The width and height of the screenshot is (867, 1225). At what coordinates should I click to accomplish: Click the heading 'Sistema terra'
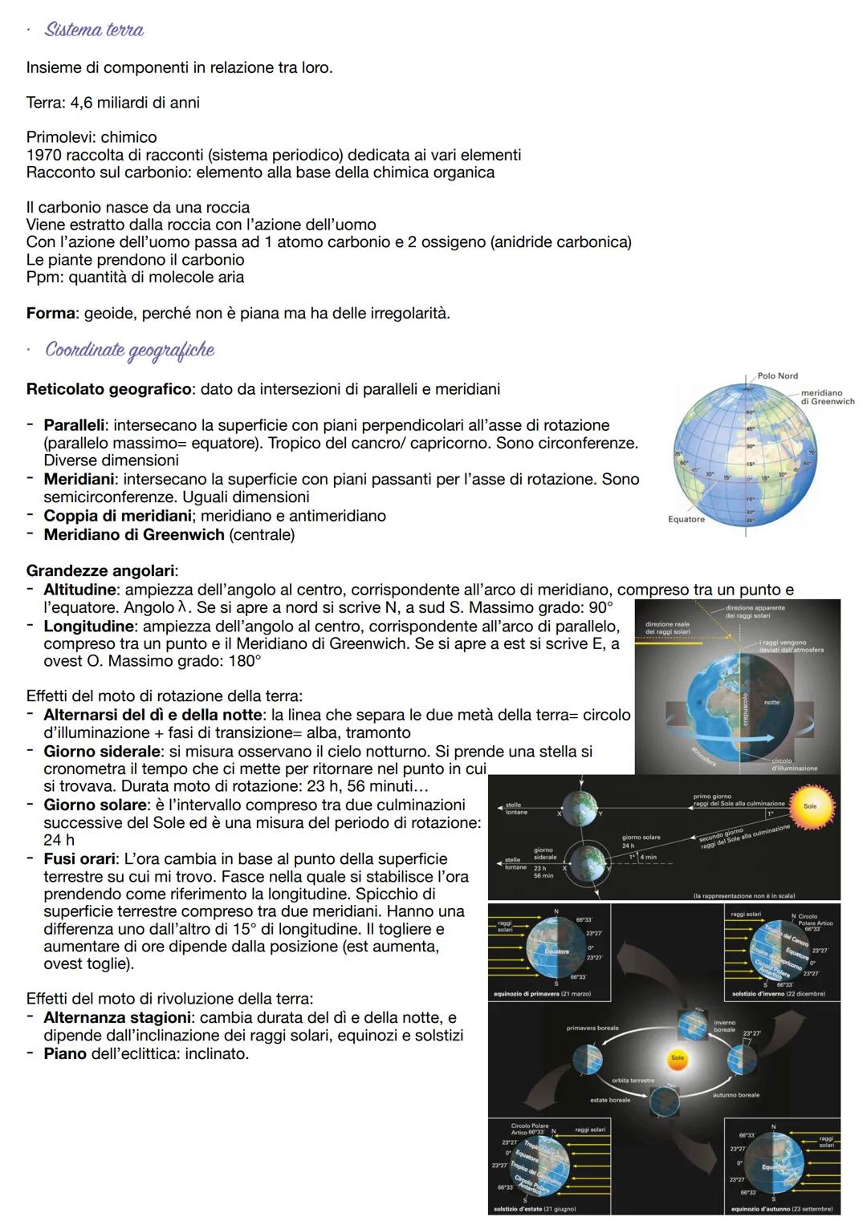click(x=94, y=30)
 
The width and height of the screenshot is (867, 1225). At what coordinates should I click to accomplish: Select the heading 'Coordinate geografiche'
click(x=129, y=350)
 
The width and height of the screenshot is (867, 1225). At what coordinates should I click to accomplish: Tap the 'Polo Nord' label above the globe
click(x=777, y=375)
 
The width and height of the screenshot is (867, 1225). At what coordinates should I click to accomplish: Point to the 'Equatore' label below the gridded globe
click(x=686, y=519)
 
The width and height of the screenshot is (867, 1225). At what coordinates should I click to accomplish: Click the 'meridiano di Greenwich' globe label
click(x=827, y=397)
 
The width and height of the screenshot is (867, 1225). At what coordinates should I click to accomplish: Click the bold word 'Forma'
click(x=51, y=313)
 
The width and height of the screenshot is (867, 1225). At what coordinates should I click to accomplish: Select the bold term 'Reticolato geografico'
click(x=108, y=389)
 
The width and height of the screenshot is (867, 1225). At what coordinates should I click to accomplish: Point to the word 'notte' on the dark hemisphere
click(x=771, y=702)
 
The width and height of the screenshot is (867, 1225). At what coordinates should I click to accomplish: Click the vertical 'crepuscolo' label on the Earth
click(x=745, y=709)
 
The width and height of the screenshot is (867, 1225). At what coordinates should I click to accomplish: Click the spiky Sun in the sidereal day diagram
click(x=810, y=805)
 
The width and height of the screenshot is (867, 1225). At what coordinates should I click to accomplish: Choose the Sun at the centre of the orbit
click(x=678, y=1058)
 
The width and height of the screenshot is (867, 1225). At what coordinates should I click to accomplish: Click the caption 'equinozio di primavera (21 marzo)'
click(x=542, y=995)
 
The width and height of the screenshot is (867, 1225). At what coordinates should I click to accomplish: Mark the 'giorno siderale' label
click(x=544, y=854)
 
